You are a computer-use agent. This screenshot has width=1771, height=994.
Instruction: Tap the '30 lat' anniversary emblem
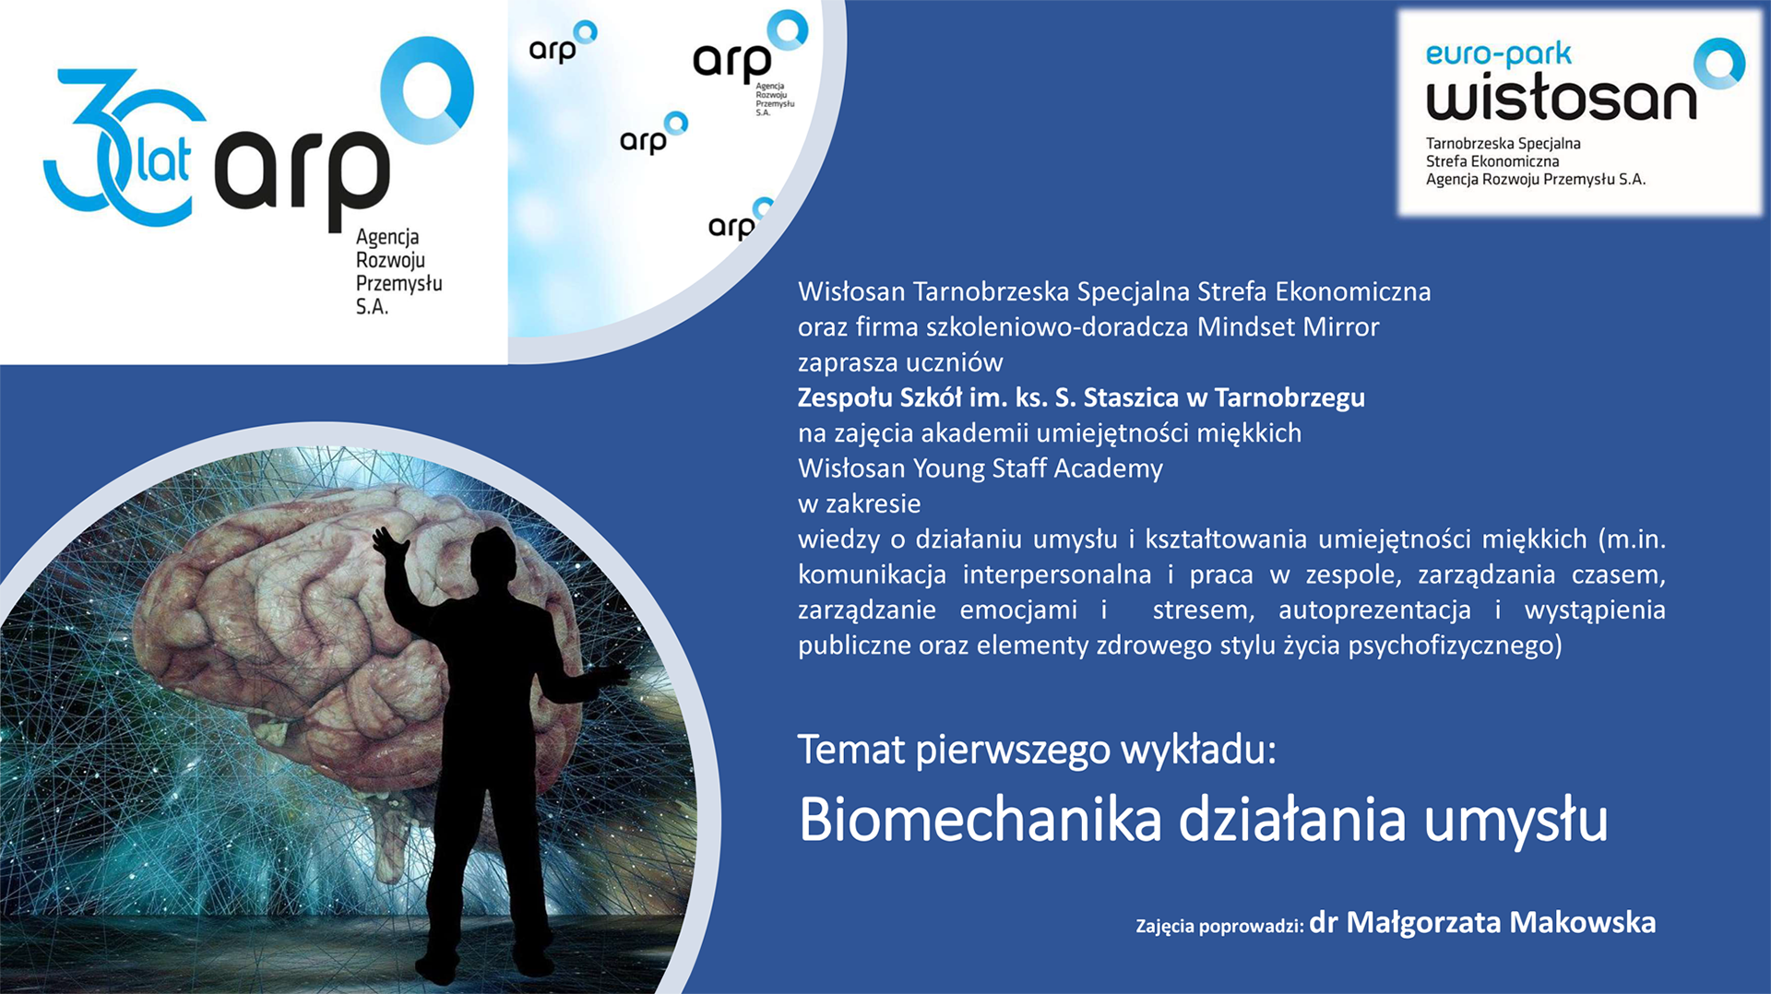pyautogui.click(x=125, y=148)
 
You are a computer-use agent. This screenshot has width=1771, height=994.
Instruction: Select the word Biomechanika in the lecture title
pyautogui.click(x=980, y=819)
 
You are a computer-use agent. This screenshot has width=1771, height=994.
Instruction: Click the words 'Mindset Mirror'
pyautogui.click(x=1288, y=327)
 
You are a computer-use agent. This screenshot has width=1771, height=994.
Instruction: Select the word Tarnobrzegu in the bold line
pyautogui.click(x=1290, y=398)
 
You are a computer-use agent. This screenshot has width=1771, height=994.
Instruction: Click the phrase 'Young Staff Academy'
pyautogui.click(x=1038, y=469)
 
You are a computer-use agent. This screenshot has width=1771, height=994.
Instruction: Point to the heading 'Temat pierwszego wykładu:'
pyautogui.click(x=1037, y=750)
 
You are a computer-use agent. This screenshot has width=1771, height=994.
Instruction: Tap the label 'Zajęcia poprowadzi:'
pyautogui.click(x=1219, y=926)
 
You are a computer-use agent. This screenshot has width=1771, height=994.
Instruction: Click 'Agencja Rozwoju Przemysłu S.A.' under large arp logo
pyautogui.click(x=398, y=272)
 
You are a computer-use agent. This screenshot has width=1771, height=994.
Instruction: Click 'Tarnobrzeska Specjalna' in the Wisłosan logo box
pyautogui.click(x=1503, y=144)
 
